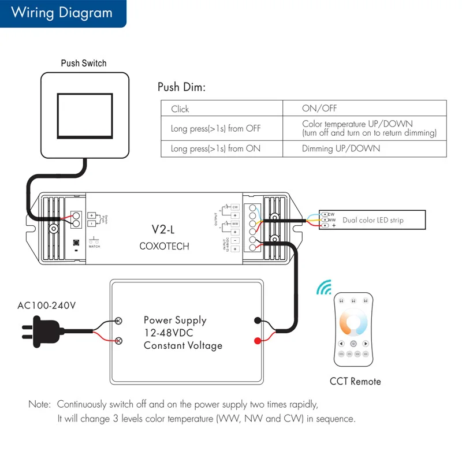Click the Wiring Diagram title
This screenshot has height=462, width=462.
61,13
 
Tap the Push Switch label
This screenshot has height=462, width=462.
84,63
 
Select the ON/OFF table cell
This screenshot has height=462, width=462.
319,109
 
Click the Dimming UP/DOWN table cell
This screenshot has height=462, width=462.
341,148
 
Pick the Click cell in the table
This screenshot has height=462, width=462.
180,109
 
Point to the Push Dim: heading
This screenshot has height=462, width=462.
181,88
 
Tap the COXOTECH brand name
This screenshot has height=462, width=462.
164,246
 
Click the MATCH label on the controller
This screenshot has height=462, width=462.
94,247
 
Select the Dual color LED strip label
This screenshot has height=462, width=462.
372,220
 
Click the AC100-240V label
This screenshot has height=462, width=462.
46,305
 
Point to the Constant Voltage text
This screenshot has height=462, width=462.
182,345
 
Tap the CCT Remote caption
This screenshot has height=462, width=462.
355,381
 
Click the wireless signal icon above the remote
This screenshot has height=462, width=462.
325,288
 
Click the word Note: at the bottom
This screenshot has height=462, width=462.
40,404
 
